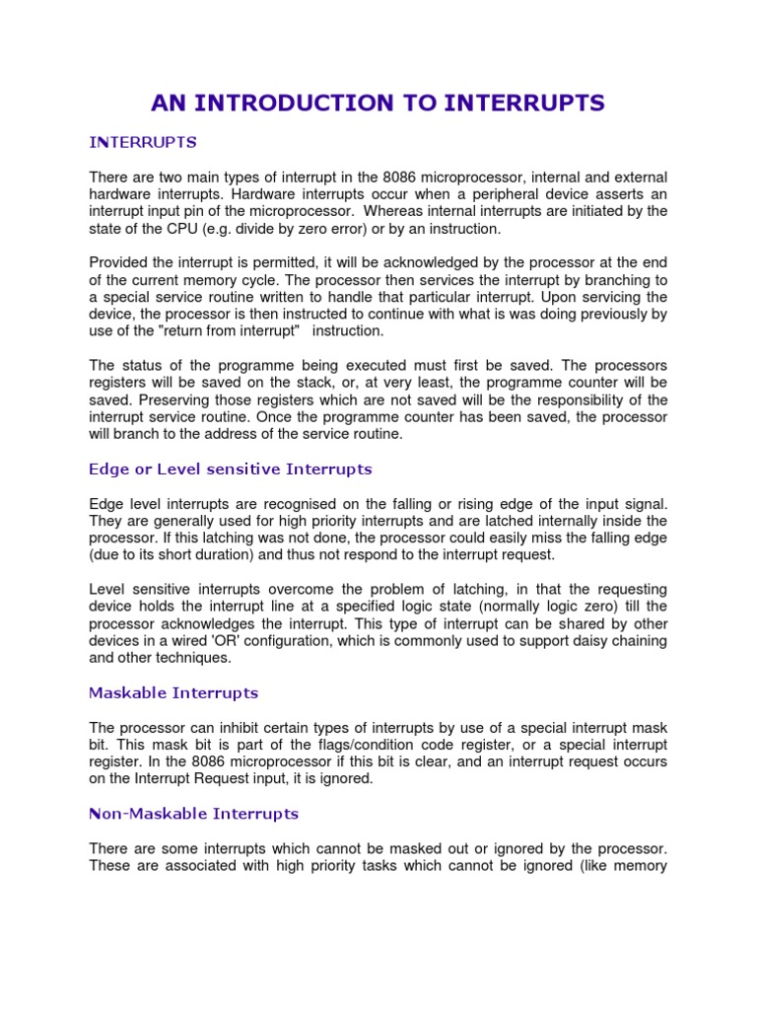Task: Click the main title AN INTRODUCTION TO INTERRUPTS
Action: [x=378, y=103]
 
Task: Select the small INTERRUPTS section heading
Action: [x=143, y=142]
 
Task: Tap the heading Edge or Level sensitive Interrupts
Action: [x=231, y=469]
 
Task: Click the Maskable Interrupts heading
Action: [x=173, y=692]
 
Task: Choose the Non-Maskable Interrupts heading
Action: [x=193, y=814]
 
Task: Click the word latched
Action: [x=517, y=520]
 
